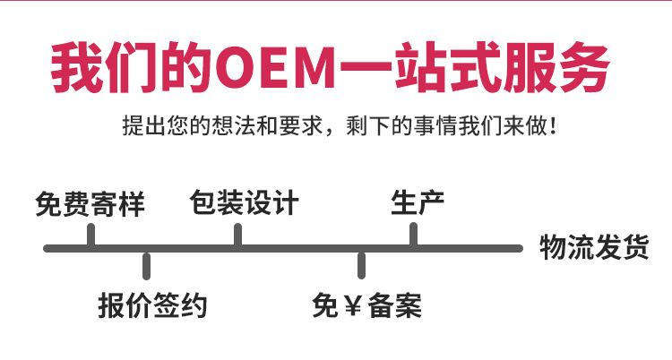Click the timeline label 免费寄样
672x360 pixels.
coord(90,203)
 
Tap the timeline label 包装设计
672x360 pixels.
coord(245,202)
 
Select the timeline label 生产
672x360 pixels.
coord(418,202)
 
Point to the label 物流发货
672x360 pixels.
coord(594,247)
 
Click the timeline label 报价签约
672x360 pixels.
coord(152,305)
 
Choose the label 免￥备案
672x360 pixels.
coord(366,305)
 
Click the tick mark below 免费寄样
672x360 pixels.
coord(90,235)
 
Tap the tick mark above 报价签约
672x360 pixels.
coord(147,266)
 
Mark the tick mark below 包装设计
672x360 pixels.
coord(237,235)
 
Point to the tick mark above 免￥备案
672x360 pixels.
coord(362,266)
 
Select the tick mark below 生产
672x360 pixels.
coord(414,234)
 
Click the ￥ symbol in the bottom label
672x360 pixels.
coord(352,305)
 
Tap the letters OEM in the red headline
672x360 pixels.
coord(275,67)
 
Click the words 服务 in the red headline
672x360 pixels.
coord(556,67)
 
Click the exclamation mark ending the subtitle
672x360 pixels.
coord(553,125)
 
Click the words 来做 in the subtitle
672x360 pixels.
coord(525,125)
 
